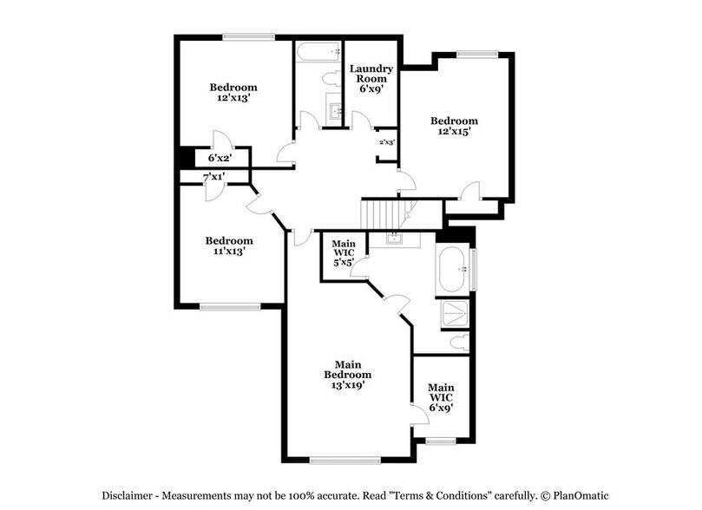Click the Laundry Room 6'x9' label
click(371, 78)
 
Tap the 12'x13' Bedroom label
click(233, 93)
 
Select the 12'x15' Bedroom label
click(455, 127)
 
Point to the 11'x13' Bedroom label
click(229, 245)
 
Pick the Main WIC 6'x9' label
click(441, 396)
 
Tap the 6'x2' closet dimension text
click(220, 158)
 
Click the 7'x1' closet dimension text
click(213, 177)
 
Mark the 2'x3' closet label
click(386, 142)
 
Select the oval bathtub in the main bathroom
click(454, 270)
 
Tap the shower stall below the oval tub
click(456, 314)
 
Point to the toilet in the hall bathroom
click(331, 78)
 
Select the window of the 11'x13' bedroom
click(229, 305)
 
